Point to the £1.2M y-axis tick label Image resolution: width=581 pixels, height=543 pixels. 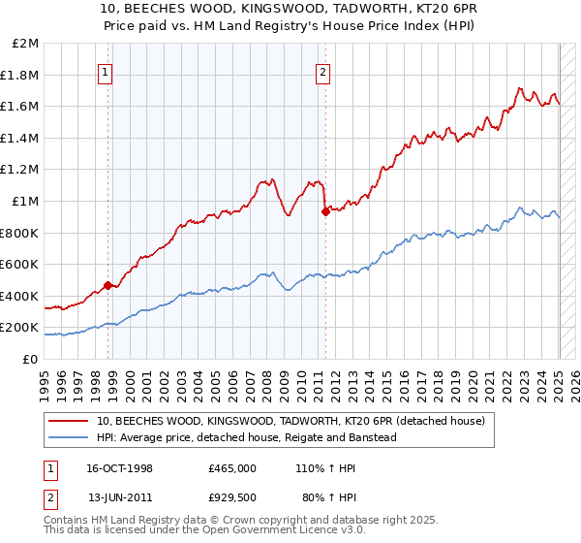[21, 170]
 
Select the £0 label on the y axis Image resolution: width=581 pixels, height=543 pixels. [31, 359]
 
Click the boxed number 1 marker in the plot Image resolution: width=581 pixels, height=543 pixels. [104, 71]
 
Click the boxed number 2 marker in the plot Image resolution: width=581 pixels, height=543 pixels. [322, 71]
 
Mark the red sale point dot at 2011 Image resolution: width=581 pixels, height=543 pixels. [325, 212]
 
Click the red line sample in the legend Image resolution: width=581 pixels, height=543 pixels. [70, 420]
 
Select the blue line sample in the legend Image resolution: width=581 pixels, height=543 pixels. [70, 437]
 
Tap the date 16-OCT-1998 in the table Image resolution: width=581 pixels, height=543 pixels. [120, 467]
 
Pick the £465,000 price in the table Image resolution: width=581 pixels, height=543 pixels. [232, 467]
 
